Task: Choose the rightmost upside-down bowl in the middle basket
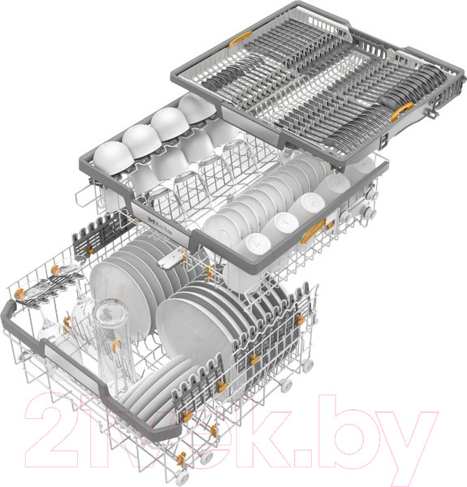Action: (197, 109)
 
